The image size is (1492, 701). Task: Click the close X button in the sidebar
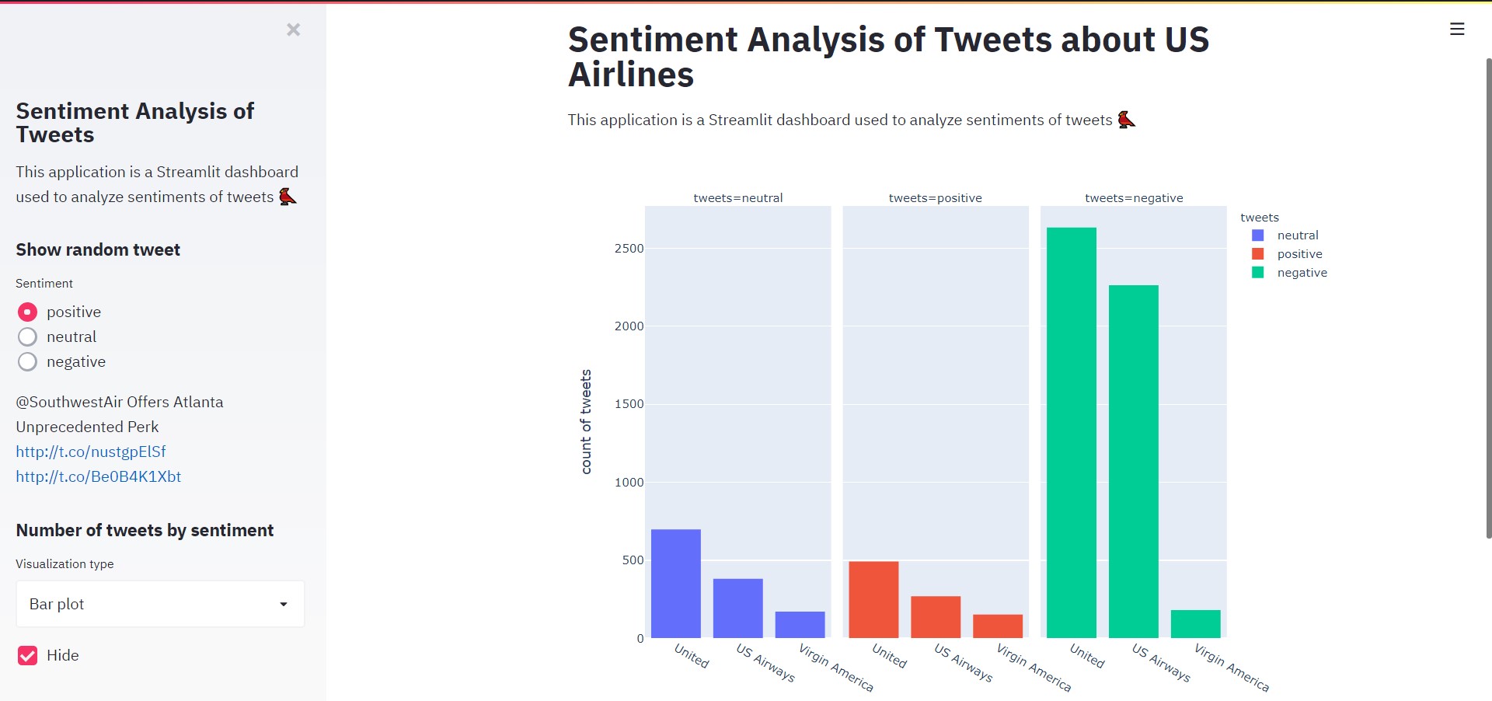293,30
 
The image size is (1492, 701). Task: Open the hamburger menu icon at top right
1457,30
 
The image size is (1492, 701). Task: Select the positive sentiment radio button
27,312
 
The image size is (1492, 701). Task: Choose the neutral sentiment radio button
27,337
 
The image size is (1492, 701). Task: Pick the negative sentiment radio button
27,361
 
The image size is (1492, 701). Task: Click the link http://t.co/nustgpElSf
91,452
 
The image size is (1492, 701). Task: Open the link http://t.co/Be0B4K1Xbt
98,476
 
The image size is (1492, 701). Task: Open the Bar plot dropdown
160,604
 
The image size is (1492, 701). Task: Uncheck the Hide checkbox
27,655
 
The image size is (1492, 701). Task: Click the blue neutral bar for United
675,583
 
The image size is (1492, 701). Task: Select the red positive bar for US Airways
936,617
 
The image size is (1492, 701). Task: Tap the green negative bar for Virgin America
1195,624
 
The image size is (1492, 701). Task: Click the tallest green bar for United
1071,432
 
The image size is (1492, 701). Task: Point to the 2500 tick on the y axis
629,249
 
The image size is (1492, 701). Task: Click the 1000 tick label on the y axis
629,483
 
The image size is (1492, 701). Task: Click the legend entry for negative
1302,273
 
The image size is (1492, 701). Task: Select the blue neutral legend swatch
1258,235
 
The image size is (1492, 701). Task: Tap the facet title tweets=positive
935,198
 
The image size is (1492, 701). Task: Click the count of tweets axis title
586,421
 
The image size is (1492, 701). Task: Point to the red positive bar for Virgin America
998,626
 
